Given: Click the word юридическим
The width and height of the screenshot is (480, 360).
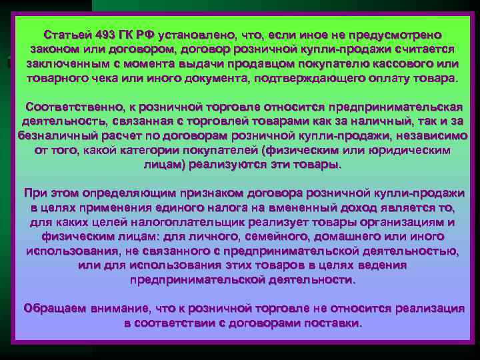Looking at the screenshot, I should click(x=405, y=150).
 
